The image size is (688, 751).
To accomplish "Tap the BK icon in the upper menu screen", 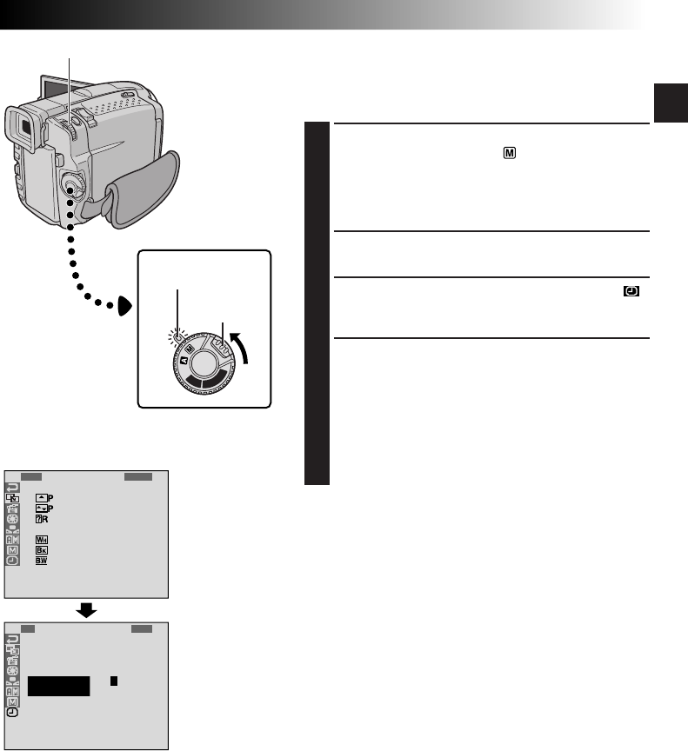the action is click(41, 550).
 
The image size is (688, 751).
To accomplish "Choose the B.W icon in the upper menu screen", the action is click(41, 562).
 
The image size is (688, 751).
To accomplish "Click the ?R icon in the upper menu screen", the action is click(41, 519).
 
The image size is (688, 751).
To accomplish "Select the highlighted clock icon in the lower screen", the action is click(13, 711).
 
